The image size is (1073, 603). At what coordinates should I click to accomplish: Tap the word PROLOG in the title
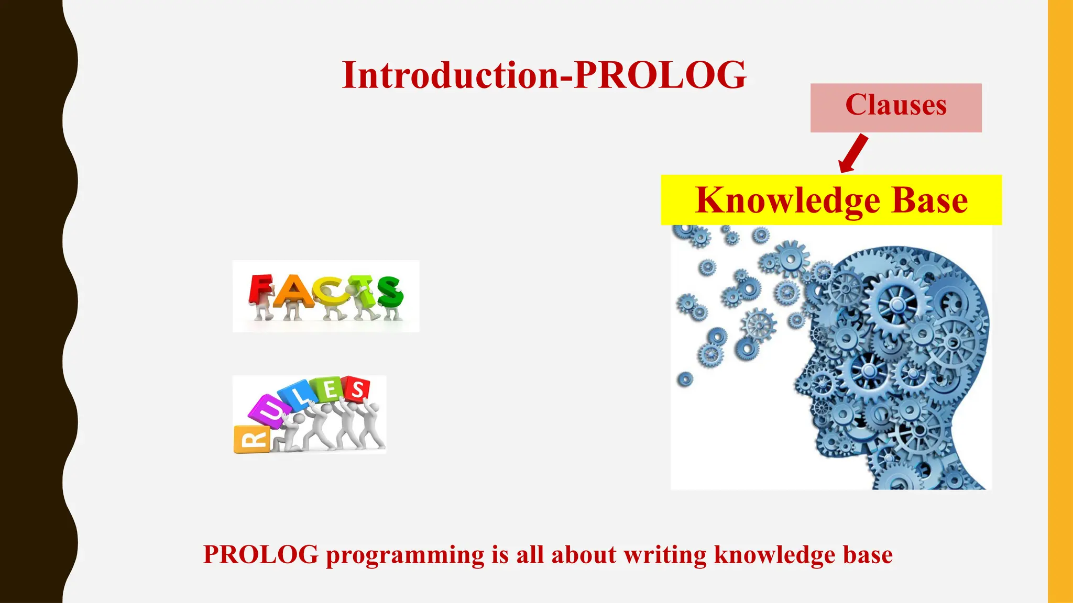pos(660,75)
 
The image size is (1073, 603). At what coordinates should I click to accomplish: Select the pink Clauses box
pos(896,107)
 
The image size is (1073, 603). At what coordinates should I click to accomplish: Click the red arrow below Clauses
pos(852,153)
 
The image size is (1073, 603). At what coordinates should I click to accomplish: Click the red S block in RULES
pos(357,389)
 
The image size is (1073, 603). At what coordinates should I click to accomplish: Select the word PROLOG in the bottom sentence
pos(260,555)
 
